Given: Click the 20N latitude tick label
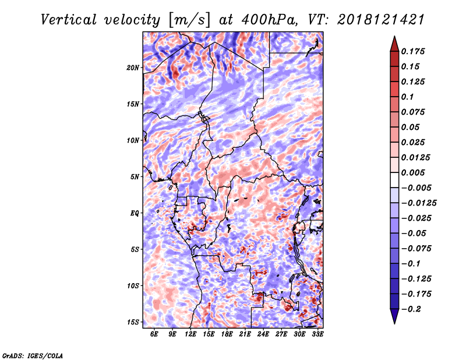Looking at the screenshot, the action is [133, 68].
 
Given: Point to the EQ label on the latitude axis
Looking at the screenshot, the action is [135, 213].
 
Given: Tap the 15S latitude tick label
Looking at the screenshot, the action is [133, 322].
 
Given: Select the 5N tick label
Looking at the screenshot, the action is [135, 177].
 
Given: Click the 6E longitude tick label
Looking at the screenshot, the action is [154, 334].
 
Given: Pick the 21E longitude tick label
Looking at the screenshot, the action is [245, 334].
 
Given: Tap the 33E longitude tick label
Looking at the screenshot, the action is [317, 334].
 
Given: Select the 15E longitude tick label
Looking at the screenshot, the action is [209, 334].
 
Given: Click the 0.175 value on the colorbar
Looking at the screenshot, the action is [413, 51].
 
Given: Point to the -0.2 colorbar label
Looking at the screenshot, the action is [411, 309].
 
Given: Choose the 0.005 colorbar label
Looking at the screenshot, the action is [413, 172].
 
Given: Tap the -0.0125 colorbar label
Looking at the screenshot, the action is [419, 203].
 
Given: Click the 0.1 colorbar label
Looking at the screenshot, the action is [407, 97].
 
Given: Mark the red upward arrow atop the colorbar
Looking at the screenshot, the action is [394, 44].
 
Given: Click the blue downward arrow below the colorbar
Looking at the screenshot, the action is [394, 316].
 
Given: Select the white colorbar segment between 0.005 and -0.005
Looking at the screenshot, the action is [394, 180].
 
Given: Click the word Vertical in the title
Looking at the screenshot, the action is [69, 20].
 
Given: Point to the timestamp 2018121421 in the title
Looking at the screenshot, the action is [381, 20].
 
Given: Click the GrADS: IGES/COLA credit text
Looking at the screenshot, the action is [33, 355].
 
